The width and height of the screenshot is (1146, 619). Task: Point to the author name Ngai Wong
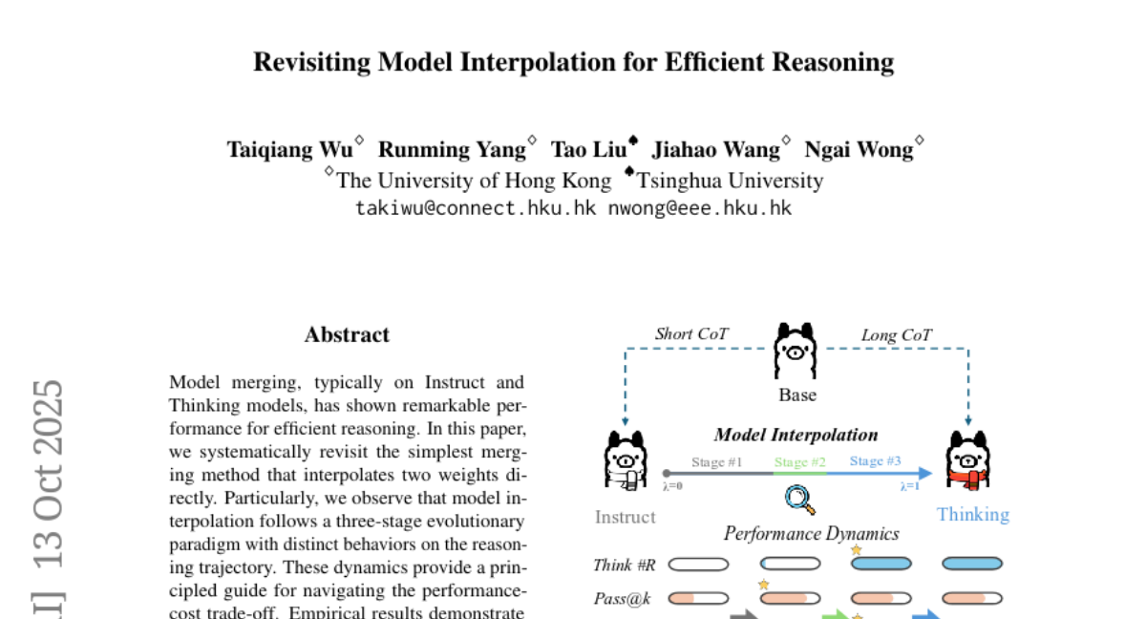click(x=859, y=150)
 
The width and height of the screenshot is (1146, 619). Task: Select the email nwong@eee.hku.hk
click(x=700, y=207)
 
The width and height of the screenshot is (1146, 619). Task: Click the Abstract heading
click(x=347, y=335)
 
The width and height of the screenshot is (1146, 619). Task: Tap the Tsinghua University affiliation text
click(x=730, y=181)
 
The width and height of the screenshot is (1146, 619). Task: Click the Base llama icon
click(x=796, y=353)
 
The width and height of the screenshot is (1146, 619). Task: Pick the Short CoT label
click(x=691, y=334)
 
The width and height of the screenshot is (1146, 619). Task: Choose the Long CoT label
click(x=896, y=334)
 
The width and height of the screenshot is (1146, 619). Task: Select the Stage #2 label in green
click(x=799, y=462)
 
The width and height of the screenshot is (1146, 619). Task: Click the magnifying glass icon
click(x=798, y=498)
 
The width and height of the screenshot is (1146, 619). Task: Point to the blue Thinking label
click(x=972, y=515)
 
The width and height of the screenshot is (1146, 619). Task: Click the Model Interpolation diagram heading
click(x=796, y=436)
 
